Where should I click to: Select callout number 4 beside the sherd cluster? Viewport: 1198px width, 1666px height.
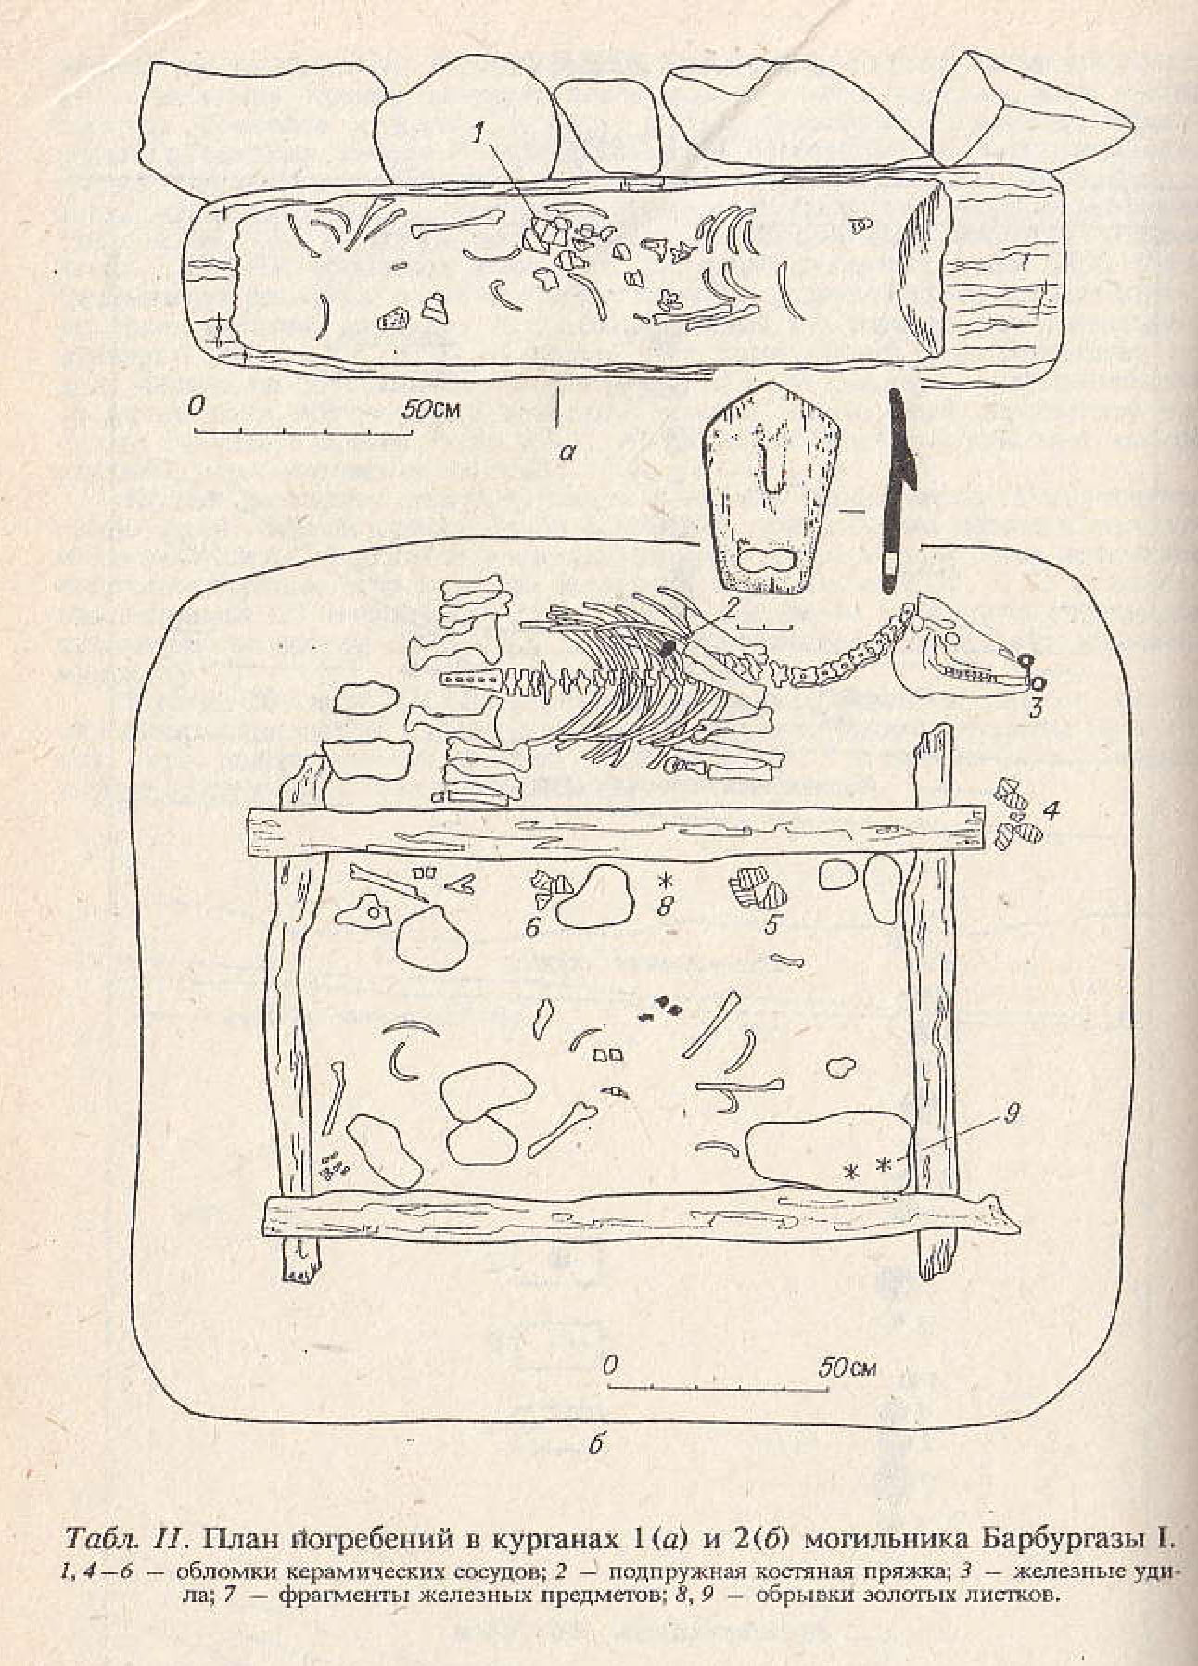[x=1050, y=810]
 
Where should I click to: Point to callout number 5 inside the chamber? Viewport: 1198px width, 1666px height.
[x=772, y=924]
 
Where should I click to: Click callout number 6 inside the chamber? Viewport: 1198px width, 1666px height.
[x=532, y=926]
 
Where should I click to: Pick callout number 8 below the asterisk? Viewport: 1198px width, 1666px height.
[x=664, y=906]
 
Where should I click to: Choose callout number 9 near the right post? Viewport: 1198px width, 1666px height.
[x=1012, y=1113]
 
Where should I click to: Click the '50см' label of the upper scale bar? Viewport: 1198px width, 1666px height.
[x=431, y=409]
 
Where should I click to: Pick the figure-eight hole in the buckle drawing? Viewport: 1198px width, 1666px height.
[x=766, y=561]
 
